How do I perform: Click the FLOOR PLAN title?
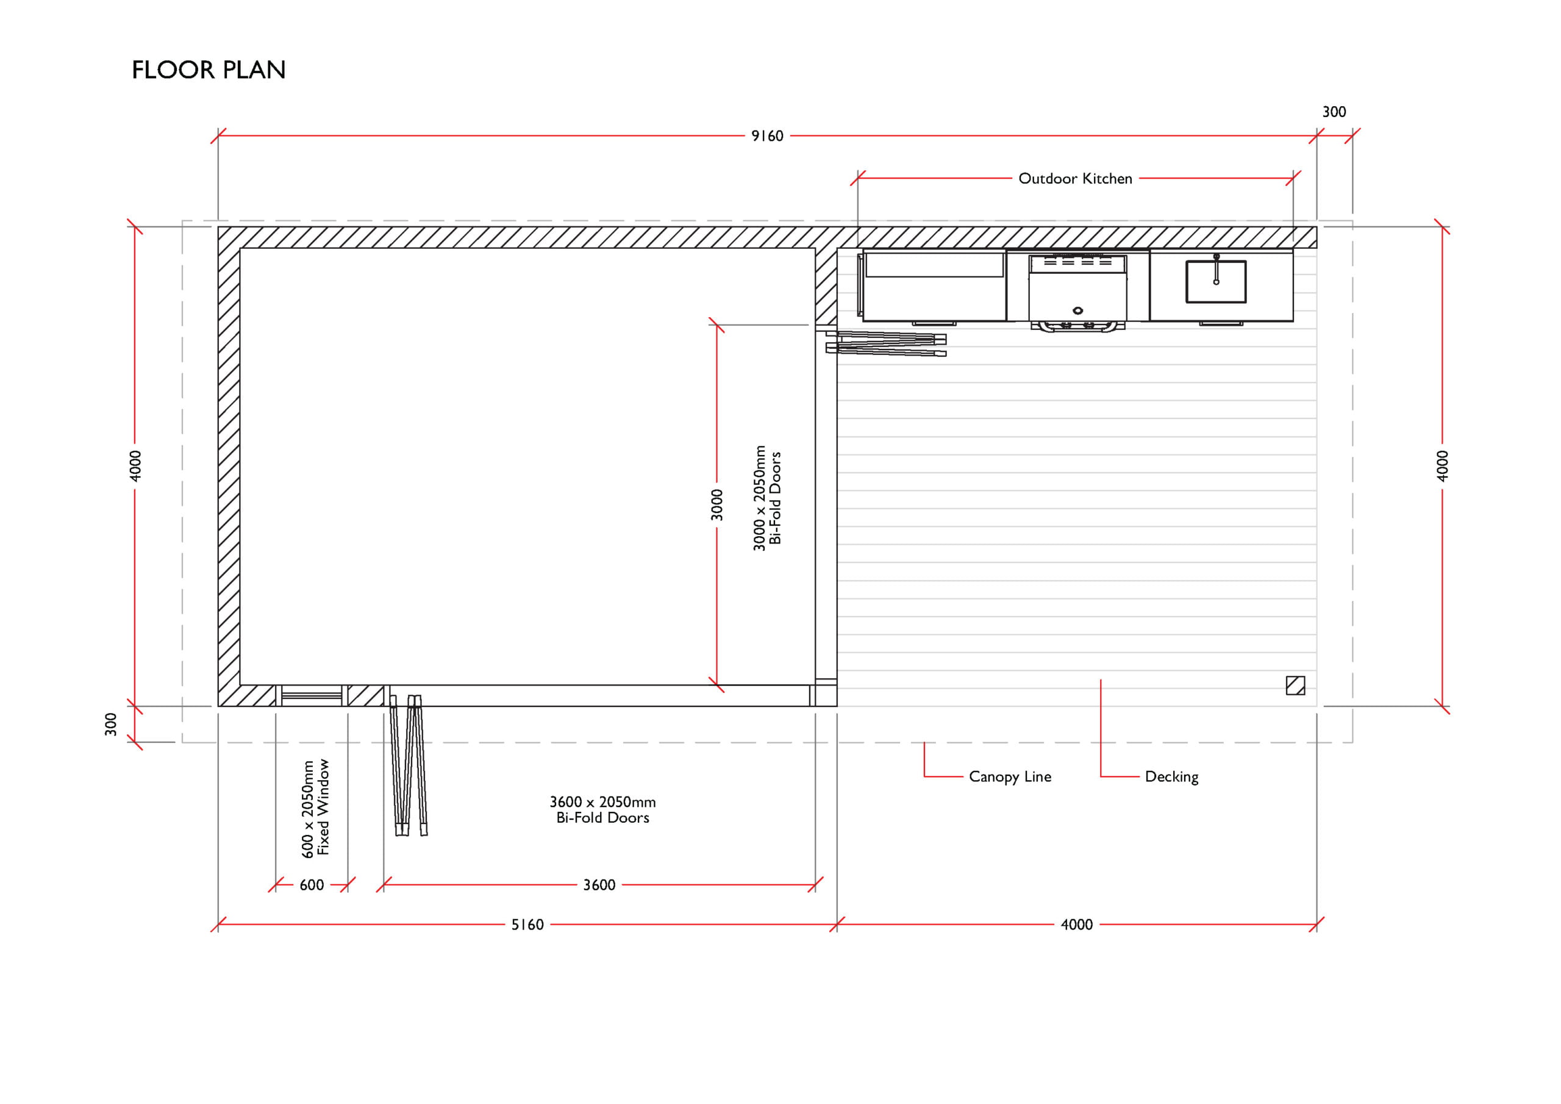pyautogui.click(x=209, y=70)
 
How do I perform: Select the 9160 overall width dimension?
pyautogui.click(x=767, y=136)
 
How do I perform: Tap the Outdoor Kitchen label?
pyautogui.click(x=1075, y=178)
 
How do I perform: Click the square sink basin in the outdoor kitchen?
pyautogui.click(x=1216, y=282)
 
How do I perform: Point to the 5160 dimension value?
pyautogui.click(x=527, y=925)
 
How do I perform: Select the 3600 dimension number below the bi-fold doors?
pyautogui.click(x=599, y=885)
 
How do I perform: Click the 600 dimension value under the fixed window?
pyautogui.click(x=312, y=885)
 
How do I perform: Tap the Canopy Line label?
pyautogui.click(x=1010, y=777)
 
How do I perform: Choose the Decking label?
pyautogui.click(x=1171, y=777)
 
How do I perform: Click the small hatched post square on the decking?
pyautogui.click(x=1295, y=685)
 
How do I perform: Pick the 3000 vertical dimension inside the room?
pyautogui.click(x=716, y=504)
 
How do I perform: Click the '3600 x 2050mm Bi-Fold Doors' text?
pyautogui.click(x=602, y=809)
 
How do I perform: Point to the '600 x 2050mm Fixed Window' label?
pyautogui.click(x=315, y=808)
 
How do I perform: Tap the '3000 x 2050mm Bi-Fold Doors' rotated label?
pyautogui.click(x=767, y=498)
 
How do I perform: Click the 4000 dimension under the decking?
pyautogui.click(x=1077, y=925)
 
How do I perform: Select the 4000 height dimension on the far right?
pyautogui.click(x=1442, y=466)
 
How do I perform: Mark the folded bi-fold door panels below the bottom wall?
pyautogui.click(x=409, y=765)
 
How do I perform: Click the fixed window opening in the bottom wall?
pyautogui.click(x=312, y=696)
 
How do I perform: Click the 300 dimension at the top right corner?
pyautogui.click(x=1334, y=112)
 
